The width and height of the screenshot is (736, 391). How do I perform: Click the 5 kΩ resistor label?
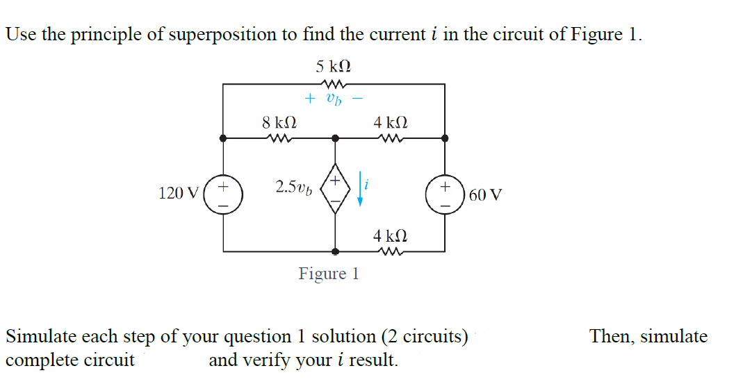tap(333, 67)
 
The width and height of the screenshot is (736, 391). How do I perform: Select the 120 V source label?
tap(179, 193)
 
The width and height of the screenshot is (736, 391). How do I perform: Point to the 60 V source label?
tap(485, 194)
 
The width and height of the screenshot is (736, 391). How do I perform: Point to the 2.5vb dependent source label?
tap(293, 187)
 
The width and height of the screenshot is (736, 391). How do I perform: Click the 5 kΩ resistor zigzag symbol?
tap(333, 83)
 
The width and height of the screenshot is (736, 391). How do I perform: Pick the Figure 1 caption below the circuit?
tap(329, 274)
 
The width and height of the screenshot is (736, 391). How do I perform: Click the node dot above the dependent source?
tap(335, 138)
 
